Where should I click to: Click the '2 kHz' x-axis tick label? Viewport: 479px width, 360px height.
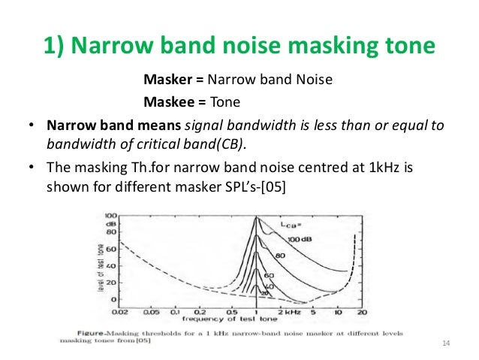(x=290, y=311)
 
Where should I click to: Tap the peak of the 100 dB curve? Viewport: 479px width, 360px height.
(x=257, y=219)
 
